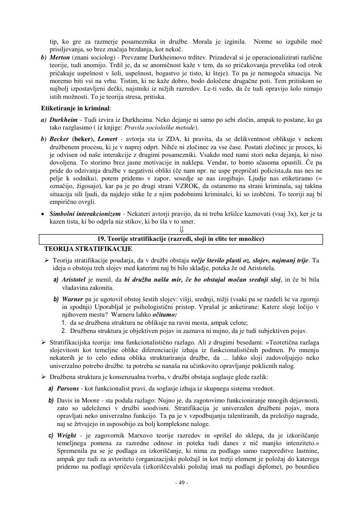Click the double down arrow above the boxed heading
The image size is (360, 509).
tap(181, 229)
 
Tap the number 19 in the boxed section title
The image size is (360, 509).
tap(101, 239)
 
